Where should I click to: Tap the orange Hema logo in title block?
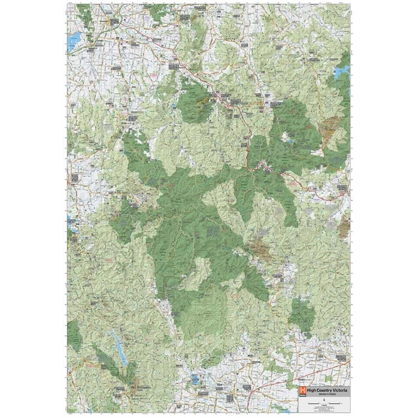[302, 391]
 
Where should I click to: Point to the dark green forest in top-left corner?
[86, 15]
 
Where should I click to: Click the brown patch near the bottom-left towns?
[136, 380]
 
